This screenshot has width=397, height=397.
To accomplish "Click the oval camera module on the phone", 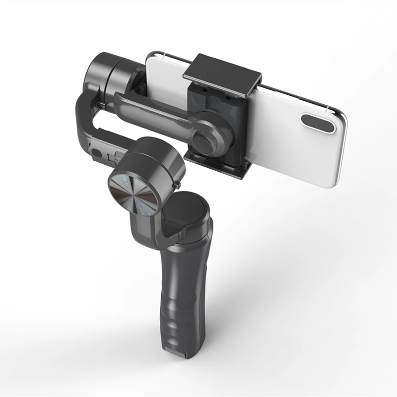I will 318,123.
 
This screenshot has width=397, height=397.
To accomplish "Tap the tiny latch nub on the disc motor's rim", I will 177,185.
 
